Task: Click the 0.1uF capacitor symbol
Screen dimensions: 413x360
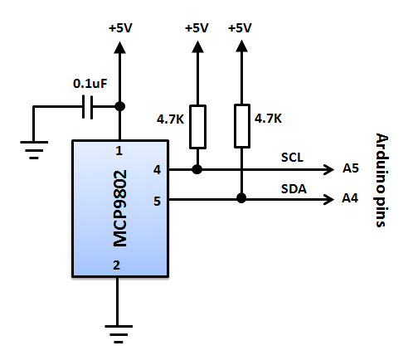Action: tap(87, 107)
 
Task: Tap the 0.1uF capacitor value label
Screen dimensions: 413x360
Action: tap(90, 84)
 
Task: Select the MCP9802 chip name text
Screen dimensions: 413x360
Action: tap(119, 208)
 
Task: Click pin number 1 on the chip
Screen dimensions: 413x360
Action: tap(119, 151)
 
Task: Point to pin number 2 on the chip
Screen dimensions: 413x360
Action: tap(116, 265)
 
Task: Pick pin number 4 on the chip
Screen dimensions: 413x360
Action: tap(157, 170)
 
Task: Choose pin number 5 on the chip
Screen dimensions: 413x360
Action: tap(157, 201)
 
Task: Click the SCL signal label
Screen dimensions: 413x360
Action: tap(292, 158)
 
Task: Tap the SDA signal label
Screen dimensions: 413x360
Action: tap(294, 189)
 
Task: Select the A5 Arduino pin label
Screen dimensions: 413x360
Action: tap(351, 168)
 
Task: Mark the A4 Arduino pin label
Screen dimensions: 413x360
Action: tap(350, 198)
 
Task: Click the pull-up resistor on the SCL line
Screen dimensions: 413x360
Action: tap(197, 127)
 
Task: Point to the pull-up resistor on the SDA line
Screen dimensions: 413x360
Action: tap(242, 126)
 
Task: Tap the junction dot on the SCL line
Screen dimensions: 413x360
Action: tap(197, 169)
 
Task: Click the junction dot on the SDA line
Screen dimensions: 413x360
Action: tap(241, 198)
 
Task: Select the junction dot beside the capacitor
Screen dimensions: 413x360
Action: tap(119, 106)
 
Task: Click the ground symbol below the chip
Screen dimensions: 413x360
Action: tap(119, 334)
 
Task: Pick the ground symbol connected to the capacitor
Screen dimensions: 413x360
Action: tap(34, 150)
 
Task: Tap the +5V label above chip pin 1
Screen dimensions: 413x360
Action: tap(120, 28)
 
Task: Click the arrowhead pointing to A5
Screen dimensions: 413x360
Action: tap(329, 169)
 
